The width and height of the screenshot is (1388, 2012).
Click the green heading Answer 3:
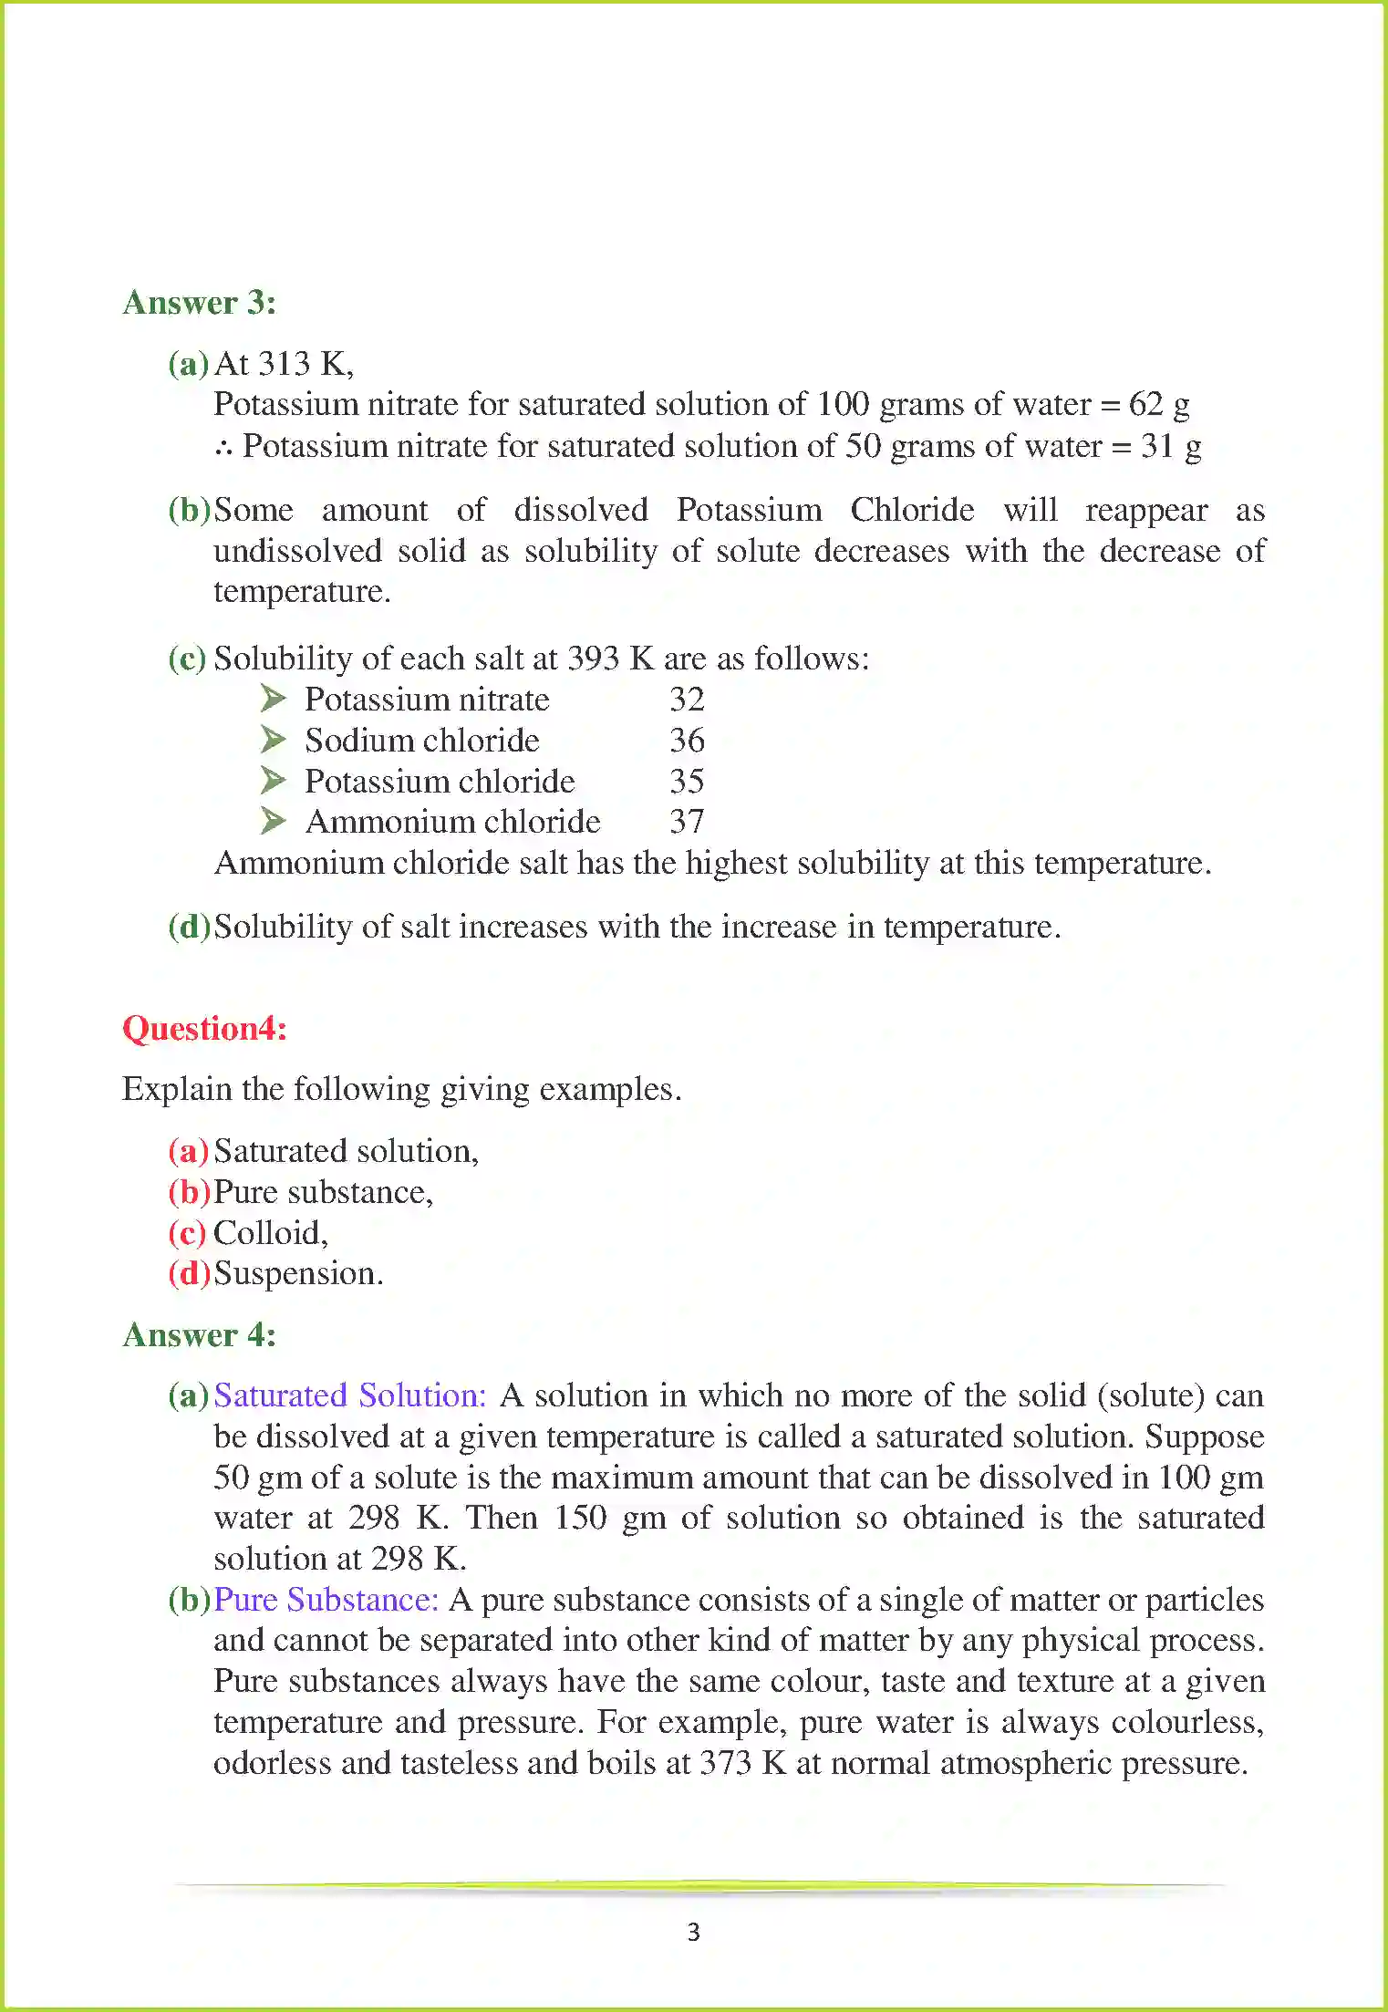tap(199, 303)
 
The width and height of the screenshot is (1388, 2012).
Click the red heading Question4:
tap(204, 1029)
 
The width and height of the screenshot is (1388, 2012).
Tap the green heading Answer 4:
tap(199, 1335)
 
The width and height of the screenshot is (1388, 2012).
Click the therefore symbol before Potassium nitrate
tap(224, 447)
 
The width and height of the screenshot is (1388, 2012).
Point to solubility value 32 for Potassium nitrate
tap(687, 700)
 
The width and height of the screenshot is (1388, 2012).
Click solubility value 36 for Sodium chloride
tap(687, 740)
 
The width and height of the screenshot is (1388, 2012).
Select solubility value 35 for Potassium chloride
tap(687, 781)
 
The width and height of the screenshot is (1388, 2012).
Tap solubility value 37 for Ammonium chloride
tap(687, 822)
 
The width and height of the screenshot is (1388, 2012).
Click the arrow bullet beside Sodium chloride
tap(273, 740)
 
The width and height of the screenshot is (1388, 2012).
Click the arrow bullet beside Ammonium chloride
tap(273, 821)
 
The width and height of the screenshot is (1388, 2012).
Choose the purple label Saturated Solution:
tap(350, 1395)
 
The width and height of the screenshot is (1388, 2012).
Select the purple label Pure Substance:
tap(326, 1600)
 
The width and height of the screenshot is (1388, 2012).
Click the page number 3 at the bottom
tap(693, 1932)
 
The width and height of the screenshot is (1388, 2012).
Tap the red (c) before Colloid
tap(187, 1233)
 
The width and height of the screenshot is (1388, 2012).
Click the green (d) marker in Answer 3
tap(189, 927)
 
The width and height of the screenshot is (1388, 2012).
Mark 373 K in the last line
tap(742, 1763)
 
